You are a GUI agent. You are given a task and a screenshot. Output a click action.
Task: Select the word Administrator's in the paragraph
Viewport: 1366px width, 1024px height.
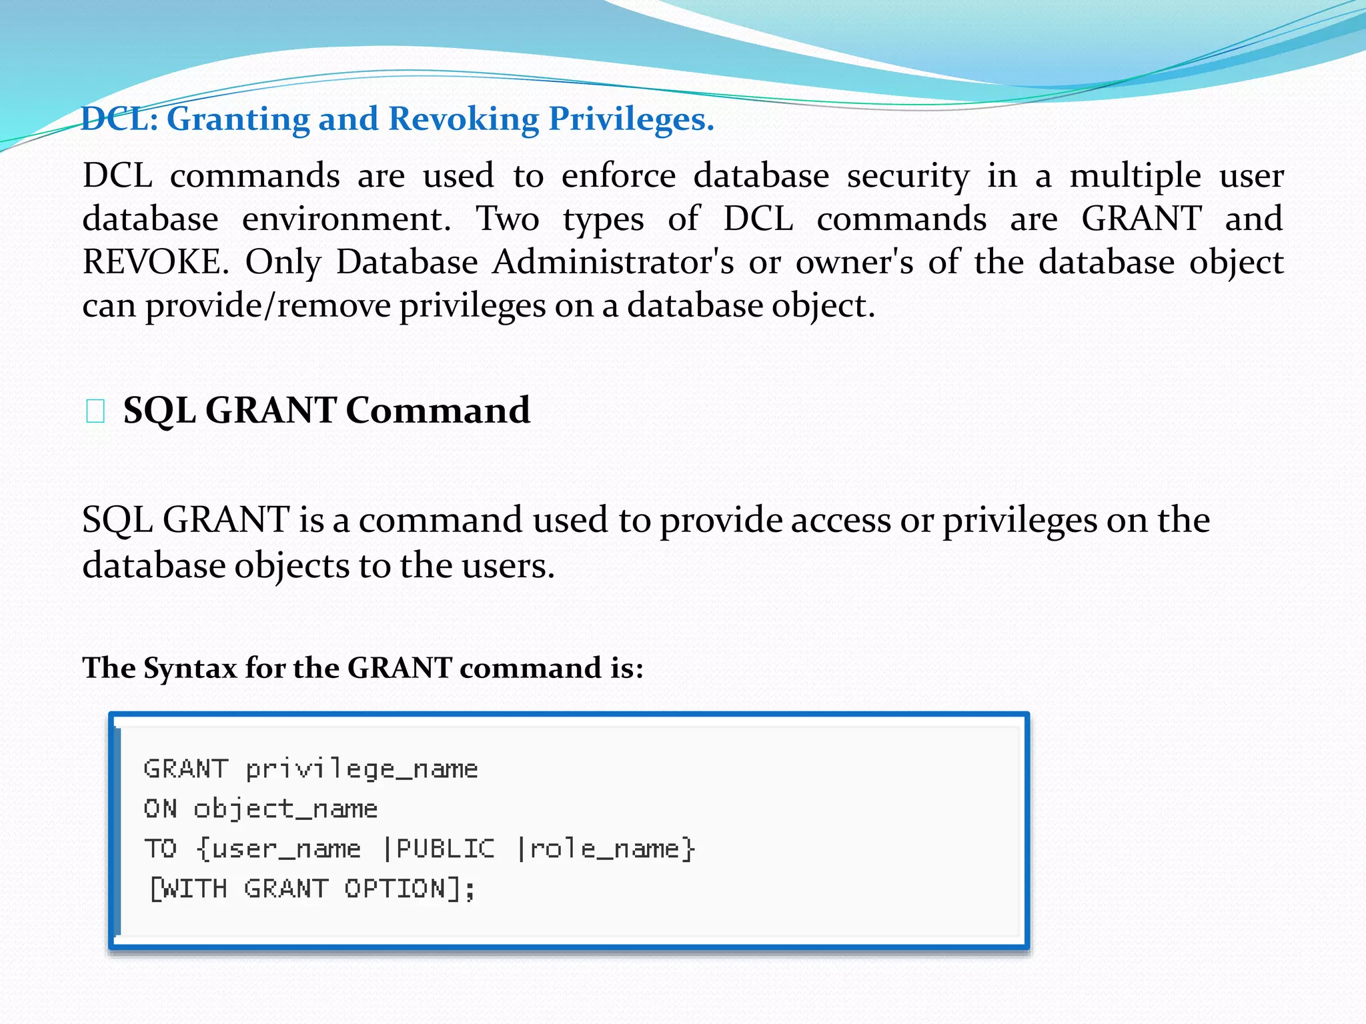[x=613, y=262]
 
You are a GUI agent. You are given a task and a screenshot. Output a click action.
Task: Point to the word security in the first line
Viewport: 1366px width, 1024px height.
[x=908, y=177]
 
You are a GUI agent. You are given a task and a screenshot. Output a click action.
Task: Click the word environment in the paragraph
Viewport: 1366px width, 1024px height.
[x=344, y=219]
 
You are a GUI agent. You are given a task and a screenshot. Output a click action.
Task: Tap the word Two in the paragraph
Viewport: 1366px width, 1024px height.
[x=507, y=219]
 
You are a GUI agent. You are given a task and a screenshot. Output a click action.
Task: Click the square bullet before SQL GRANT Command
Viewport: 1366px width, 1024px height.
[x=95, y=411]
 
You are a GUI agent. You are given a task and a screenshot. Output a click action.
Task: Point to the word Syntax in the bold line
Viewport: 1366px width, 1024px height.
[x=189, y=668]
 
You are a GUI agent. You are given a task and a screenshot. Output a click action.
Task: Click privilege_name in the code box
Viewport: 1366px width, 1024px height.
[x=362, y=769]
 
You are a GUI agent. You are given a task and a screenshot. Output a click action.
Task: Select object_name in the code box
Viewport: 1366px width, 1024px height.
[x=285, y=809]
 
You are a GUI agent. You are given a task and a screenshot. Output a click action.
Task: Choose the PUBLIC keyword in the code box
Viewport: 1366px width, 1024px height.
[x=445, y=849]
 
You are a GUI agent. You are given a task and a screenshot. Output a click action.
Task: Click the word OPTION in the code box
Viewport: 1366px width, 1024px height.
[x=394, y=889]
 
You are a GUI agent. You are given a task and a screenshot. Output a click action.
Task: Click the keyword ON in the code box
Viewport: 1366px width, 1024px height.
[x=161, y=809]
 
